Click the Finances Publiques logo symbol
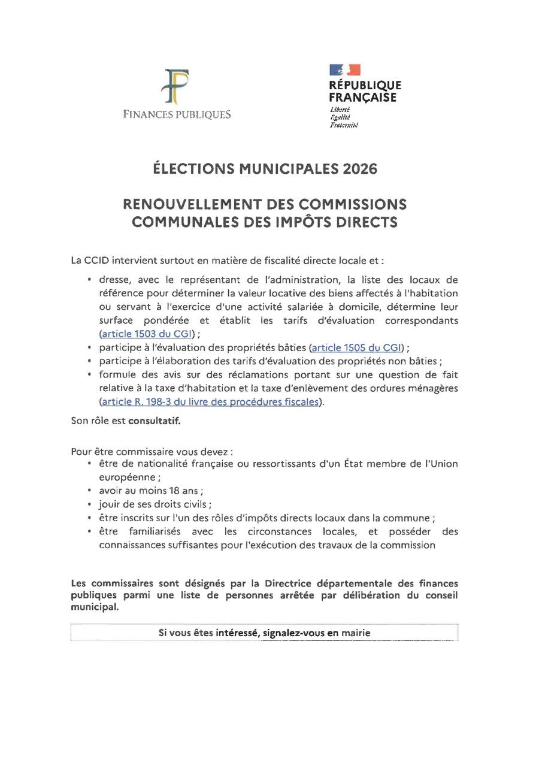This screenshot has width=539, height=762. (175, 87)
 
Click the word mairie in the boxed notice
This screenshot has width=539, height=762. (356, 633)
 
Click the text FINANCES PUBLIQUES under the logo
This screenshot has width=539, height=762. (177, 114)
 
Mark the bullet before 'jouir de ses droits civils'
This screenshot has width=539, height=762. (89, 504)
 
